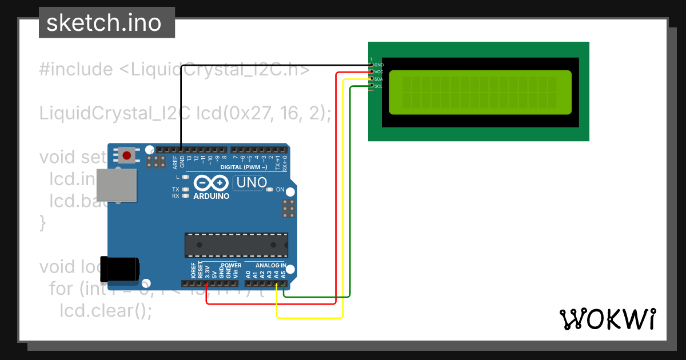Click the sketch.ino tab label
(103, 23)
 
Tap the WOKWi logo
(608, 319)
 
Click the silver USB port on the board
(117, 185)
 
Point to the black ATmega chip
(236, 245)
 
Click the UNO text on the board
(252, 183)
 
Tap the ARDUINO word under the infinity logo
(212, 196)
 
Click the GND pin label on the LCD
(378, 65)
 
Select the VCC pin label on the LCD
(378, 72)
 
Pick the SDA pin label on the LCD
(378, 79)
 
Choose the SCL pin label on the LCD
(378, 86)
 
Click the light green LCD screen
(480, 93)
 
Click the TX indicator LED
(185, 189)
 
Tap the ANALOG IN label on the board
(270, 266)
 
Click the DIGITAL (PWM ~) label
(248, 167)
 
